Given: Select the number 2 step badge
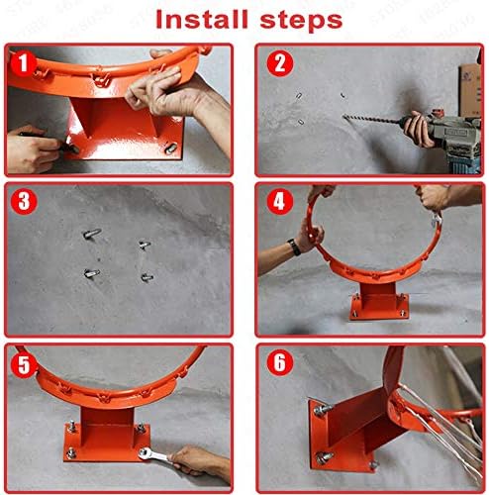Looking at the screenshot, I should (x=280, y=66).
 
